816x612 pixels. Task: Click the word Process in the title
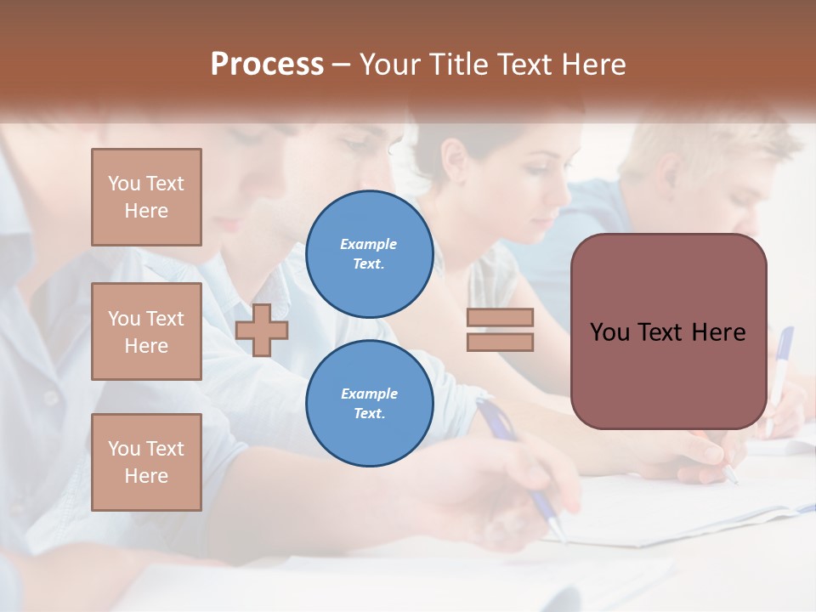267,65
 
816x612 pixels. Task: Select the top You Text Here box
146,197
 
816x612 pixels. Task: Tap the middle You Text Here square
146,331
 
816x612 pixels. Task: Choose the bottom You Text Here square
146,462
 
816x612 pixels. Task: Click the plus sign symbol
262,330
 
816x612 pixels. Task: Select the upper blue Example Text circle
369,254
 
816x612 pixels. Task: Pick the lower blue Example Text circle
369,404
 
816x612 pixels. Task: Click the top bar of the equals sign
500,318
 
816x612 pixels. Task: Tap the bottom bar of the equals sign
500,342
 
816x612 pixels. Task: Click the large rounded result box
668,331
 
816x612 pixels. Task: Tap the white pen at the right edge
779,374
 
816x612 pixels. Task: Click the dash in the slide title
341,65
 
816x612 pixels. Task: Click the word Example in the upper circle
369,244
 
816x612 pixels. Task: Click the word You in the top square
122,184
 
